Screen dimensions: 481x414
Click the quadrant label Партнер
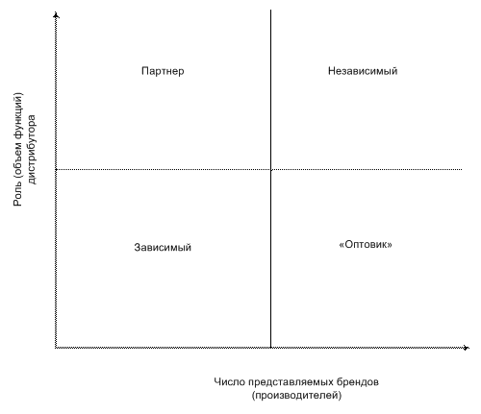(163, 71)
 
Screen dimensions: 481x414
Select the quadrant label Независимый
(363, 71)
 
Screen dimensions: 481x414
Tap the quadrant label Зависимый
(163, 247)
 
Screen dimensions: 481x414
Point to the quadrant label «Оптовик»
(366, 244)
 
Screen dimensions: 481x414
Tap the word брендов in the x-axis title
(358, 381)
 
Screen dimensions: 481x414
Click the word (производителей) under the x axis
(296, 396)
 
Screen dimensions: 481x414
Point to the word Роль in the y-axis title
(17, 196)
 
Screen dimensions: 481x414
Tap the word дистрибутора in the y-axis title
(32, 150)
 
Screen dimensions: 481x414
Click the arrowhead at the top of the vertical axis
(57, 14)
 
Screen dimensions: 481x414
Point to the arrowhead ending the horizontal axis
(467, 348)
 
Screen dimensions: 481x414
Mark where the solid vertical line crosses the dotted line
(271, 169)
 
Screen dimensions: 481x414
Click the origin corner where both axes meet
(57, 348)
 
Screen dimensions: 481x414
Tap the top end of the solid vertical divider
(271, 10)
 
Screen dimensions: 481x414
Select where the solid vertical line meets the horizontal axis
(271, 348)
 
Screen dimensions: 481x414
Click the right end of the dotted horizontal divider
(462, 169)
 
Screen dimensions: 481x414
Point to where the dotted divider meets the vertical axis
(57, 169)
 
